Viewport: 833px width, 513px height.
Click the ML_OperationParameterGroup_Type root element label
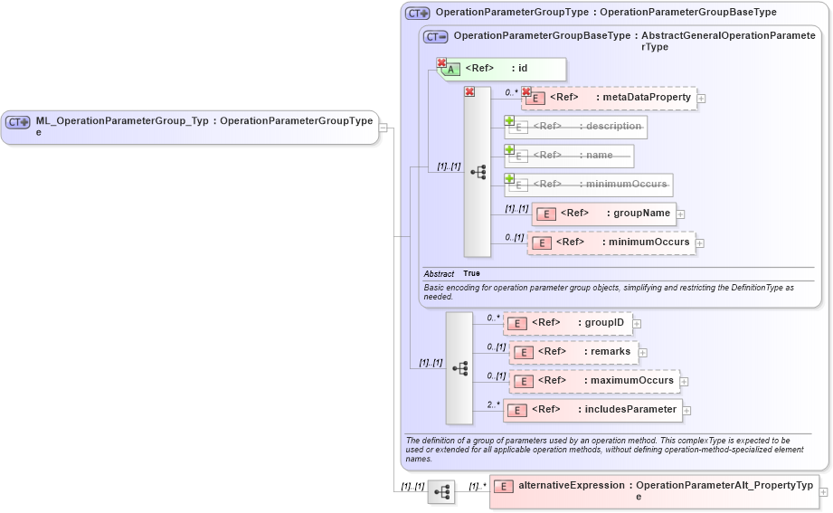[190, 126]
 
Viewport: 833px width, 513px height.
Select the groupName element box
[604, 214]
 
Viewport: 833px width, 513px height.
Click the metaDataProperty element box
[610, 98]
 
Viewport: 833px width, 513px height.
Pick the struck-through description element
[575, 127]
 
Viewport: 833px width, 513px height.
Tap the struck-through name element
[569, 156]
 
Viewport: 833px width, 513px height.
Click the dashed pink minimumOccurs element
[611, 242]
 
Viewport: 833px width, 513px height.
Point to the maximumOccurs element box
[594, 381]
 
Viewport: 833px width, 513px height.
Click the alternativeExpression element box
[654, 491]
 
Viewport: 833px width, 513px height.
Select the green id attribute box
[502, 69]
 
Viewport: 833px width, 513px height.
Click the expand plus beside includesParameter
[687, 411]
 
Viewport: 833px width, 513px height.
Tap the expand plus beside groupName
[681, 214]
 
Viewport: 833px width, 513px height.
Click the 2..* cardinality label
[493, 404]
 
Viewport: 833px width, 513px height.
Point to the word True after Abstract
[471, 273]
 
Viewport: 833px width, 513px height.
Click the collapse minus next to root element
[383, 127]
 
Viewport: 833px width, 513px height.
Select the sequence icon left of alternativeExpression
[441, 492]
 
